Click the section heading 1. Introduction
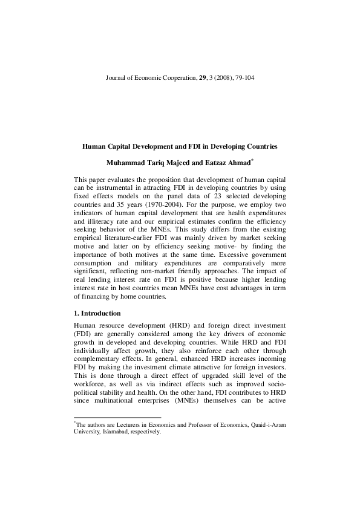point(97,313)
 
